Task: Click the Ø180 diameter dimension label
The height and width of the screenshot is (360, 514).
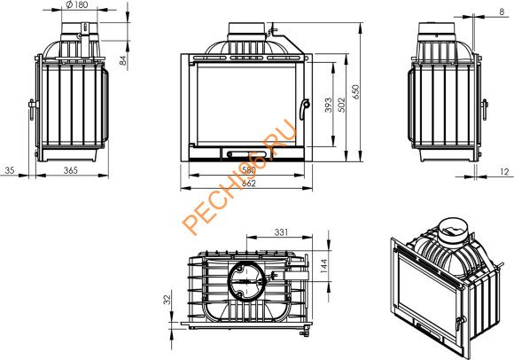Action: tap(77, 4)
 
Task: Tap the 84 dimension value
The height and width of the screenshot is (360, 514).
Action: tap(122, 60)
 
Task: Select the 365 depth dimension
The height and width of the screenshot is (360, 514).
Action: tap(71, 170)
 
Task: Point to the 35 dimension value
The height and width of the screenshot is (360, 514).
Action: tap(10, 170)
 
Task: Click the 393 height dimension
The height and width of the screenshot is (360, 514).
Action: tap(329, 105)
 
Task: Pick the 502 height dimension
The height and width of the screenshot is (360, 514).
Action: tap(341, 105)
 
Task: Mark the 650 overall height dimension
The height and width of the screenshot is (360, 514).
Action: tap(355, 92)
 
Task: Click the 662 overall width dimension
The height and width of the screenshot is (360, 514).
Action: tap(248, 184)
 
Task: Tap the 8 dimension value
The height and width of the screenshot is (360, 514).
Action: tap(502, 12)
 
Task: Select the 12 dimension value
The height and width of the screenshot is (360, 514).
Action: tap(505, 171)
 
